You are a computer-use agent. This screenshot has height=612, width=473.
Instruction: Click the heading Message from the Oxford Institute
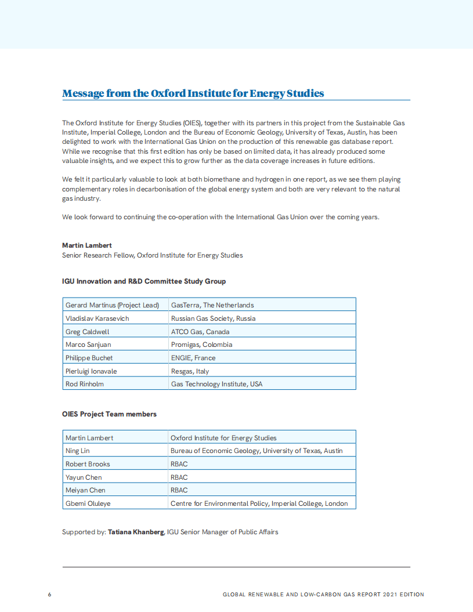(193, 93)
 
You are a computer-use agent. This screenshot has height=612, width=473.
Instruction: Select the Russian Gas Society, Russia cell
(213, 318)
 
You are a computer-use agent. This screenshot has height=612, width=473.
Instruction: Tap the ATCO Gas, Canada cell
(200, 332)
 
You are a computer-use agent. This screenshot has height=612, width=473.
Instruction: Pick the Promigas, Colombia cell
(201, 345)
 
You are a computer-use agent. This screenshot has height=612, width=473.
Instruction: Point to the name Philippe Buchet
(89, 358)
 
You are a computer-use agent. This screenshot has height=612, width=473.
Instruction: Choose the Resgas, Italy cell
(190, 371)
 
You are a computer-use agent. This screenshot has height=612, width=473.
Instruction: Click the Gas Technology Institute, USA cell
(216, 384)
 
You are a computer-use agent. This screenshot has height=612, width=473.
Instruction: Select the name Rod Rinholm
(85, 384)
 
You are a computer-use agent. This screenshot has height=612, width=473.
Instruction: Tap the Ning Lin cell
(78, 451)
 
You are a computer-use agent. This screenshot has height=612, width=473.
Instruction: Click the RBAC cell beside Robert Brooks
(179, 464)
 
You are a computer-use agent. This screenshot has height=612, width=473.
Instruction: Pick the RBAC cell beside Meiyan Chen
(179, 490)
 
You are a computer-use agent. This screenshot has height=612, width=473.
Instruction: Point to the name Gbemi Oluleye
(88, 504)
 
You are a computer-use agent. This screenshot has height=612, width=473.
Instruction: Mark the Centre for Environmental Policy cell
(259, 504)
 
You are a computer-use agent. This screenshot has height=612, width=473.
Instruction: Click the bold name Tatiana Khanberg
(136, 532)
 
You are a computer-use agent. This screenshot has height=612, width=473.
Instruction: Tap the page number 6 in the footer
(50, 595)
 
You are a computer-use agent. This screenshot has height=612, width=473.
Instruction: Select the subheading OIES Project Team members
(109, 414)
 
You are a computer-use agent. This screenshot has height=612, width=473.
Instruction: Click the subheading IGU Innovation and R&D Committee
(144, 281)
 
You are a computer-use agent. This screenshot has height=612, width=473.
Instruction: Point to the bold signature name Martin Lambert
(88, 245)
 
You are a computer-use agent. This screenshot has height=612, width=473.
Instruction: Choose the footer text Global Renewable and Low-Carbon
(323, 595)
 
